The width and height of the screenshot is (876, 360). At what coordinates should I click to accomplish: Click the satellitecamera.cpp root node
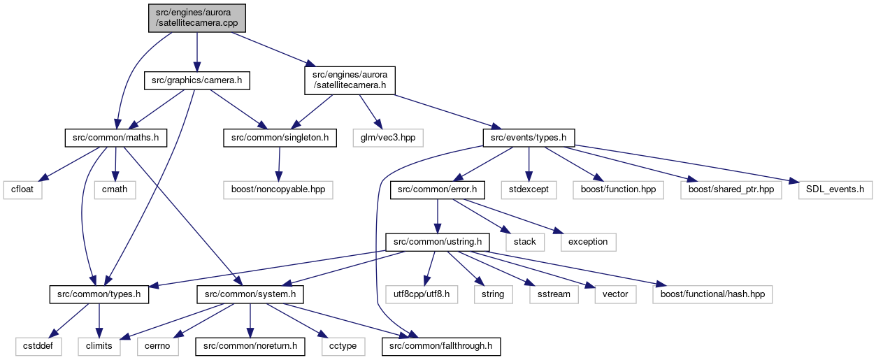[196, 18]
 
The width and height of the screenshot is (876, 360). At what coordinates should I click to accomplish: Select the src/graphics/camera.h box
[196, 80]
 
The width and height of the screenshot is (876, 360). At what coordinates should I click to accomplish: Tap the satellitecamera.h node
[350, 80]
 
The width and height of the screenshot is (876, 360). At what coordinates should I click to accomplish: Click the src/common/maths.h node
[116, 138]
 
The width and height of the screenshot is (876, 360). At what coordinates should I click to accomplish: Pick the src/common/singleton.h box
[280, 138]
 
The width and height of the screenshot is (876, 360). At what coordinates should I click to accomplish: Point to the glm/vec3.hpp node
[388, 138]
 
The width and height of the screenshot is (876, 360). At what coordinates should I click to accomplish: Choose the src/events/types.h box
[529, 138]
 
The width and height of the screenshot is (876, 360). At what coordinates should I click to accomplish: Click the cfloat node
[22, 190]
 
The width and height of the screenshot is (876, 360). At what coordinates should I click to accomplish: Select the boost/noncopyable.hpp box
[278, 190]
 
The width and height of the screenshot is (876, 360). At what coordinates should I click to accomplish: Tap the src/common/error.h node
[437, 190]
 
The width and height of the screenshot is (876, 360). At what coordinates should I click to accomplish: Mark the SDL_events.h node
[835, 190]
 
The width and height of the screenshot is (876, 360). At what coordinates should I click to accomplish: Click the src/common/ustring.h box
[437, 243]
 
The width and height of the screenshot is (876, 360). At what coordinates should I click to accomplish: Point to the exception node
[588, 243]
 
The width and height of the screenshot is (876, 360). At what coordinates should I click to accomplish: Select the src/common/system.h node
[250, 294]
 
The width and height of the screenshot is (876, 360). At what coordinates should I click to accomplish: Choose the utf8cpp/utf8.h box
[421, 294]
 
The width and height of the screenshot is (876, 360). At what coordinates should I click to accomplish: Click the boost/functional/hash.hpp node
[712, 294]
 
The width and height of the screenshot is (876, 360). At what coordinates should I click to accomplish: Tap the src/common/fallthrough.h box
[441, 346]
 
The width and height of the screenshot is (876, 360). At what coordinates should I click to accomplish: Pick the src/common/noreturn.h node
[250, 346]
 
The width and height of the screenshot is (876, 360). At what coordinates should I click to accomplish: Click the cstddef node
[38, 346]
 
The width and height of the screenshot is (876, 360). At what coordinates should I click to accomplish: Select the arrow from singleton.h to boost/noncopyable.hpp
[279, 164]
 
